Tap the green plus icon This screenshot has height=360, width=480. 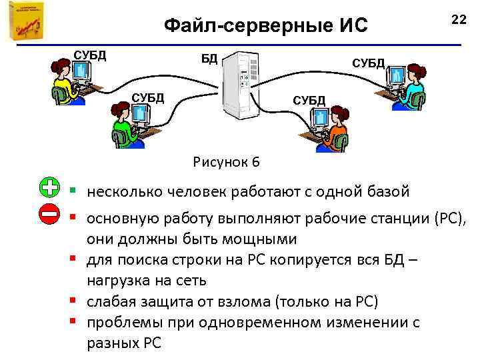[x=49, y=188]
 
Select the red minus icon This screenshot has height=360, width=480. [x=49, y=215]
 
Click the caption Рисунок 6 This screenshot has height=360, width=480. [x=226, y=162]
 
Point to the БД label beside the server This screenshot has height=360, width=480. [x=209, y=59]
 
